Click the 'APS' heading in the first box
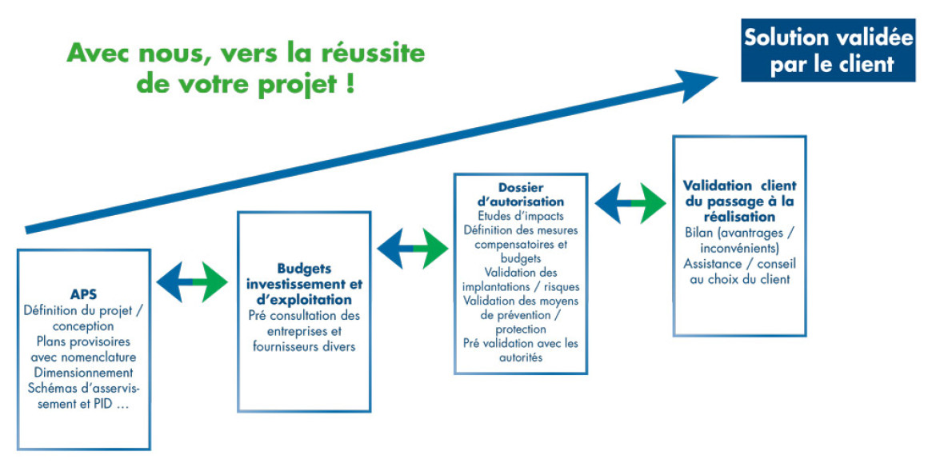pos(83,294)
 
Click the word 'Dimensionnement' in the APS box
pos(83,373)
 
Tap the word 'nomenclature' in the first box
pos(98,357)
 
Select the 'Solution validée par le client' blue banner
pos(828,50)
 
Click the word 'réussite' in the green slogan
pos(373,53)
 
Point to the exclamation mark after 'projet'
pos(350,82)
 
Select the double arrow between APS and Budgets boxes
pos(192,281)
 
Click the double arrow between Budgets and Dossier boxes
pos(413,248)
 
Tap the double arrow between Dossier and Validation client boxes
pos(630,203)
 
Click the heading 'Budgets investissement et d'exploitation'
pos(304,284)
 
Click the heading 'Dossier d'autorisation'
pos(521,194)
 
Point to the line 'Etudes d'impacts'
pos(521,216)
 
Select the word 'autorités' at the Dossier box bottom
pos(521,357)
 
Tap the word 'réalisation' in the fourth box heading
pos(740,217)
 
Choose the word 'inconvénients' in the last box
pos(739,248)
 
